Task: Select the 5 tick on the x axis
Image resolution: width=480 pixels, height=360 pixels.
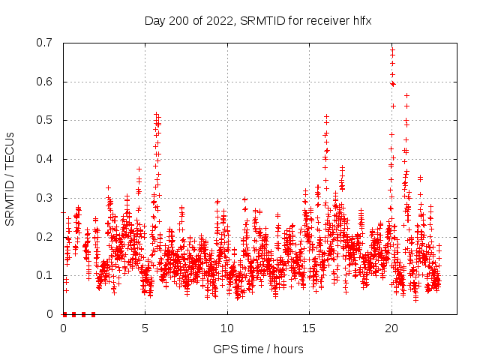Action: [x=145, y=328]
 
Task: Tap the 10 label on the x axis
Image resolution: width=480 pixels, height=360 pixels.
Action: [x=227, y=328]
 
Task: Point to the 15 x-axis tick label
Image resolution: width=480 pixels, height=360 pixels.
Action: [x=309, y=328]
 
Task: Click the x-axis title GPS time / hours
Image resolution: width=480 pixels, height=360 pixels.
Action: [x=258, y=349]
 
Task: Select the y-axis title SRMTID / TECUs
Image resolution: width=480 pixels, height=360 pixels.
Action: [x=10, y=178]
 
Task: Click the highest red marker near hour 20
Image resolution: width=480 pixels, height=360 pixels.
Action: [x=392, y=50]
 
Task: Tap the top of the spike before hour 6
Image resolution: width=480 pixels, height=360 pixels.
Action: [x=156, y=115]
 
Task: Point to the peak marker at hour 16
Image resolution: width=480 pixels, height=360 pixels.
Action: [x=326, y=116]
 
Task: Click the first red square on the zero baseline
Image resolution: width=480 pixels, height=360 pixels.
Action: [x=64, y=314]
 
